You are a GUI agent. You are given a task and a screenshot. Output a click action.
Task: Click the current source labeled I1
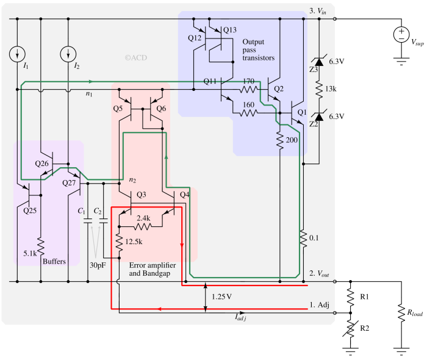tap(16, 54)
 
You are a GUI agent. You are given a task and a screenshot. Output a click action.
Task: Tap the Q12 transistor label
tap(195, 38)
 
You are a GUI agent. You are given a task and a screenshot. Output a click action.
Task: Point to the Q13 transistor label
tap(230, 30)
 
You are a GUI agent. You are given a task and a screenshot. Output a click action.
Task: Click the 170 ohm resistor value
tap(248, 81)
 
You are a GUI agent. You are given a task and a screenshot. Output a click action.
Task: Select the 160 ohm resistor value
tap(248, 104)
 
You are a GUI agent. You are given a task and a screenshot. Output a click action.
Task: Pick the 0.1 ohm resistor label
tap(315, 237)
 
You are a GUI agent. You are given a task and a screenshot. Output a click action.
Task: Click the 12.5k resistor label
tap(134, 242)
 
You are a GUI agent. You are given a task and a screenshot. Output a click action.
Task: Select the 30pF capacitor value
tap(98, 265)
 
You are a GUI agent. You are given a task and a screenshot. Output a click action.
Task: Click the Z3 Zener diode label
tap(314, 70)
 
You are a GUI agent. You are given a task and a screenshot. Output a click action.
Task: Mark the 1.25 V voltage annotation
tap(221, 297)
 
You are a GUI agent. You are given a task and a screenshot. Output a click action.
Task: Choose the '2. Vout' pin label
tap(320, 274)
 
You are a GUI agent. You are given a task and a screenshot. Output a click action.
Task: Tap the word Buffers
tap(54, 261)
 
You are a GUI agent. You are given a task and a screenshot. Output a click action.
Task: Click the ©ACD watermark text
tap(135, 58)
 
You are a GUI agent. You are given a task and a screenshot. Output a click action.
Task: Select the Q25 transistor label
tap(30, 211)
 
